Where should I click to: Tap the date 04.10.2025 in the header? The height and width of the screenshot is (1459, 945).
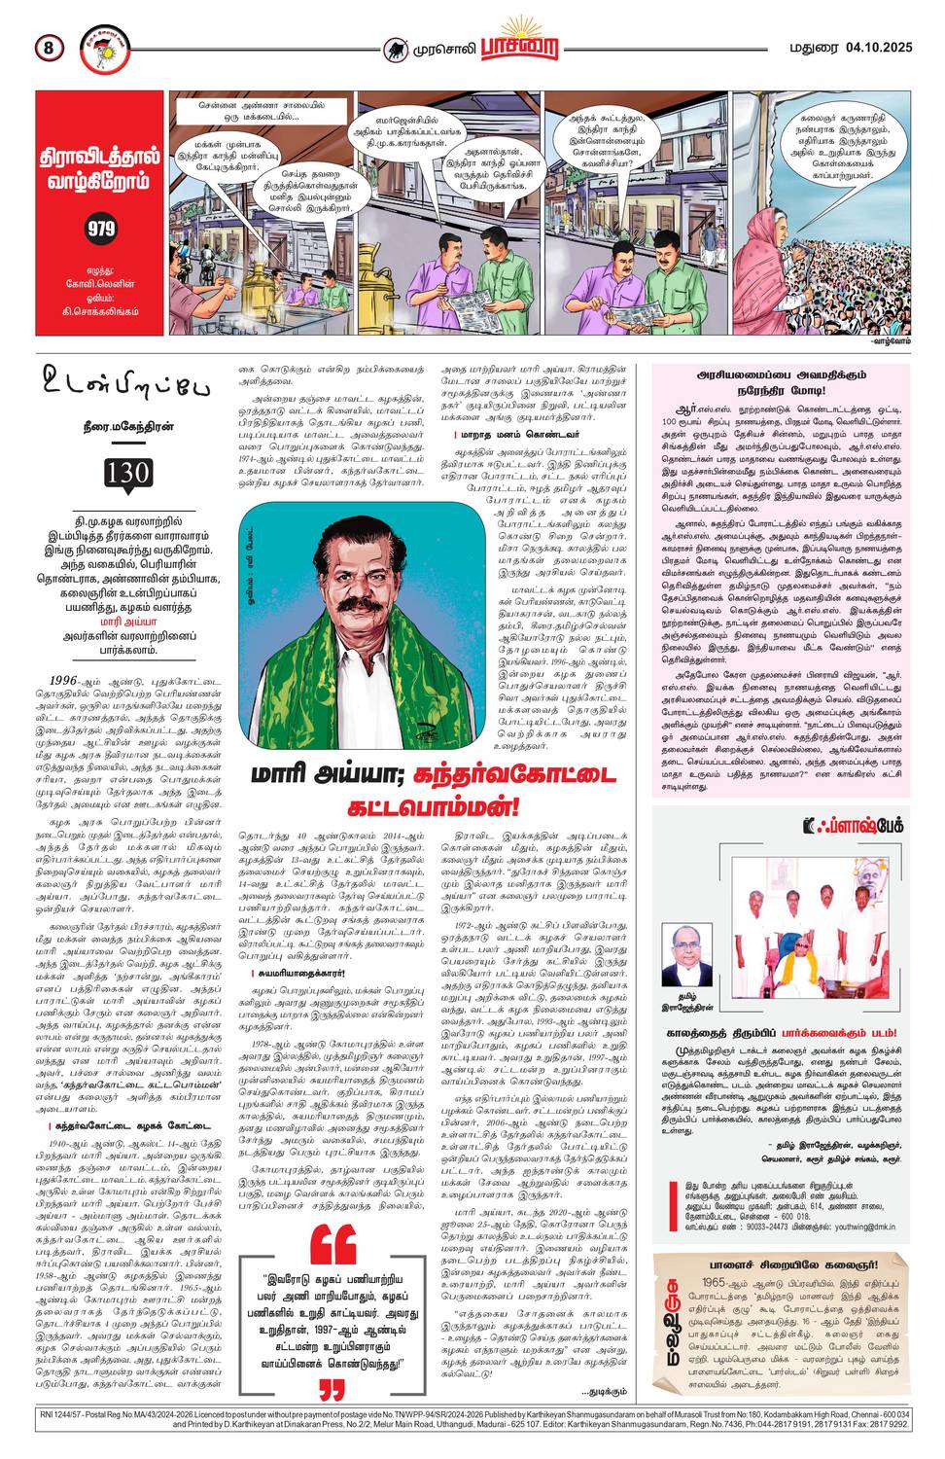coord(879,47)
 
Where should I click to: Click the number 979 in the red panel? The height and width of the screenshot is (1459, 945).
coord(100,229)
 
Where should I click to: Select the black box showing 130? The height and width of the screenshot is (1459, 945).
coord(128,474)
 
